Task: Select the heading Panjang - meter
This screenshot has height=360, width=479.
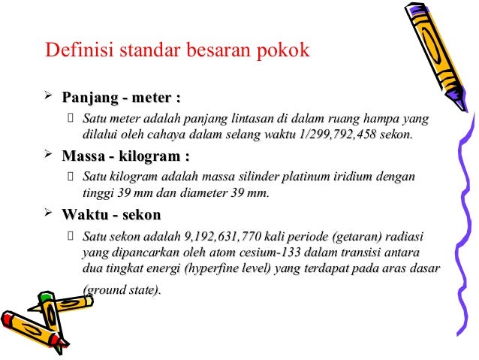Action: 122,98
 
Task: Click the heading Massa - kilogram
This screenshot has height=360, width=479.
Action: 125,157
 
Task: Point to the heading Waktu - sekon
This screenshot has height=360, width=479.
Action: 111,216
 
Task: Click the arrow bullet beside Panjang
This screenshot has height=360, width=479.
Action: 49,97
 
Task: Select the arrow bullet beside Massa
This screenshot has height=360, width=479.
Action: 49,156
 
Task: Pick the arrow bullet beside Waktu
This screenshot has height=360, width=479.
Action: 49,215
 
